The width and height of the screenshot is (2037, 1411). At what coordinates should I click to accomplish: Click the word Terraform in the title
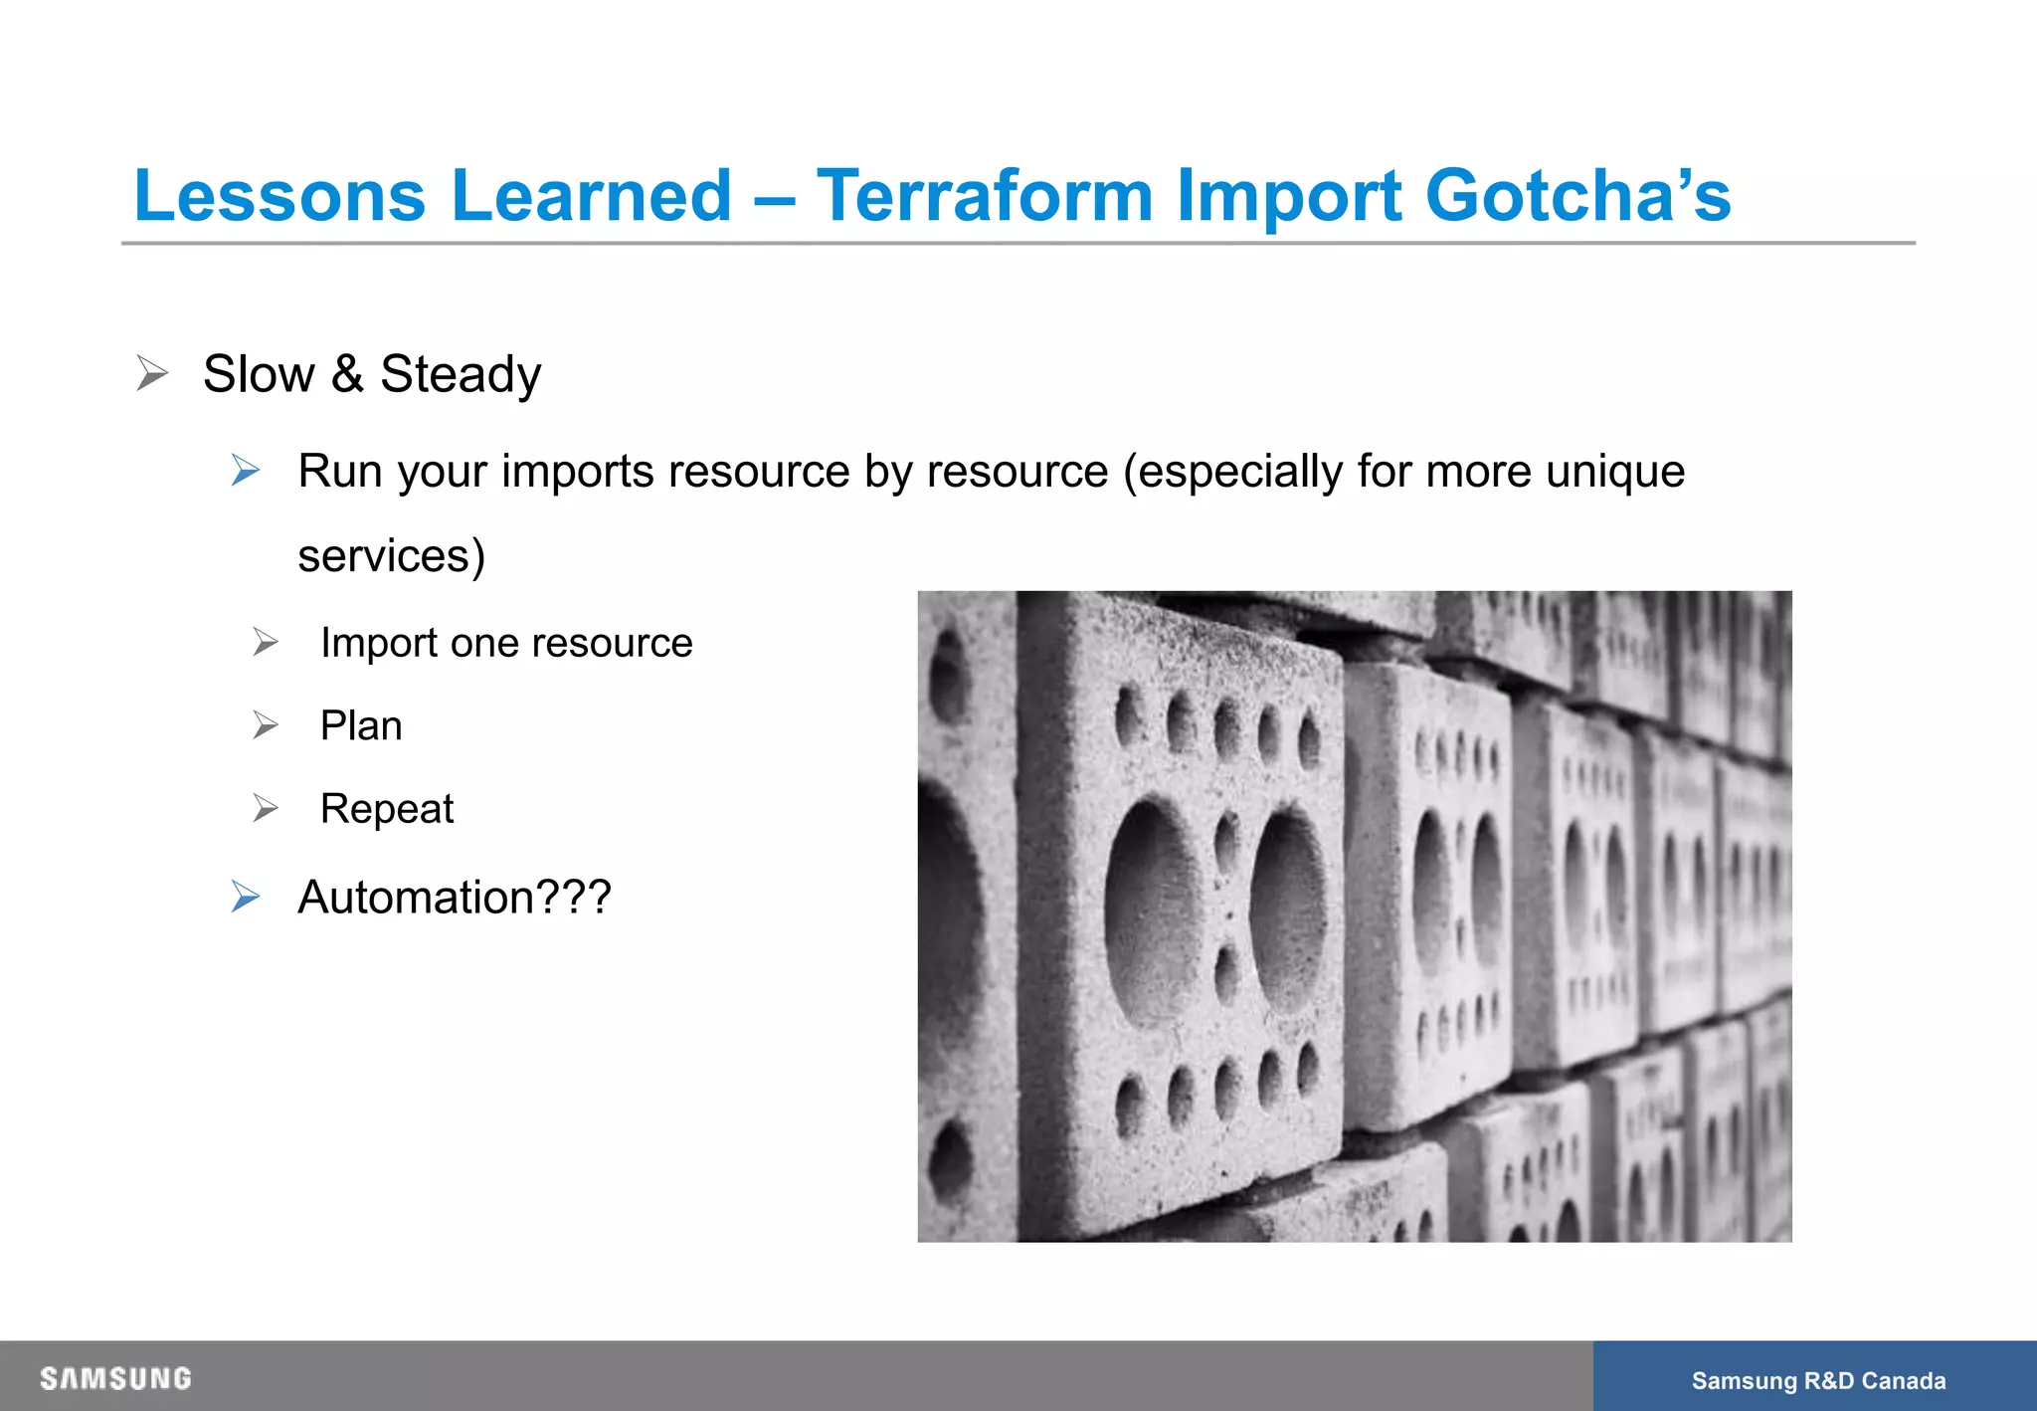click(984, 195)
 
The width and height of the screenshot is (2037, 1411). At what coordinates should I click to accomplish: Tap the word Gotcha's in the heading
click(1577, 195)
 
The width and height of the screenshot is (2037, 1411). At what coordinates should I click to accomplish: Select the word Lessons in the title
click(279, 195)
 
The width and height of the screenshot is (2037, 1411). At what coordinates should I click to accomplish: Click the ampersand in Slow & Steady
click(347, 374)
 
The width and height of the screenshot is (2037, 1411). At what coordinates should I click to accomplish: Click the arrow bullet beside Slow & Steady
click(152, 373)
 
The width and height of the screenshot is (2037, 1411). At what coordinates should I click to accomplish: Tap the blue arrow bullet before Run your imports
click(246, 470)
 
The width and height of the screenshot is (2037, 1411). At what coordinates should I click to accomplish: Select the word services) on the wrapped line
click(391, 555)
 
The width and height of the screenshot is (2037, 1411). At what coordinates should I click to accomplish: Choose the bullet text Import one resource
click(506, 643)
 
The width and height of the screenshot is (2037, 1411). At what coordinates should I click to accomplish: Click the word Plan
click(361, 725)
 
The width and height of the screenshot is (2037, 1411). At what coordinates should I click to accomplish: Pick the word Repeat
click(387, 809)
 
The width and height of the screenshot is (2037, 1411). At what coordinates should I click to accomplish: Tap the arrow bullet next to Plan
click(266, 725)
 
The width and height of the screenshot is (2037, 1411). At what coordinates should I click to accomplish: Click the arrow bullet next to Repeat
click(266, 808)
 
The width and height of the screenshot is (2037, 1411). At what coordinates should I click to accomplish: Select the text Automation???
click(455, 897)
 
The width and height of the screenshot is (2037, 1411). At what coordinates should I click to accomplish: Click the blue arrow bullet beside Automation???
click(246, 897)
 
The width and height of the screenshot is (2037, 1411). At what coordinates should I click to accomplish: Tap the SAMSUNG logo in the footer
click(115, 1378)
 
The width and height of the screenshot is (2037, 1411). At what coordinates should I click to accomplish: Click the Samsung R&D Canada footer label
click(1818, 1380)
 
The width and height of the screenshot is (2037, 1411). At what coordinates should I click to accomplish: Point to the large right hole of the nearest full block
click(1288, 910)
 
